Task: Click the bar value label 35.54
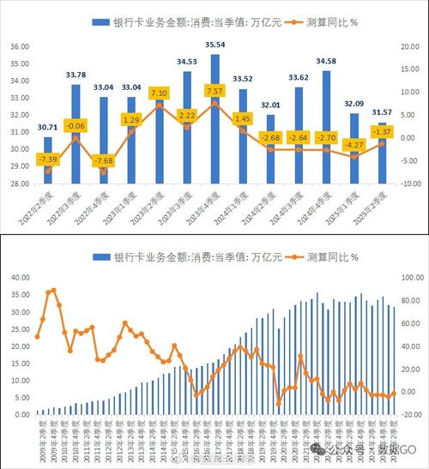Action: [x=215, y=45]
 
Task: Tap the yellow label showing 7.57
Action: [x=215, y=91]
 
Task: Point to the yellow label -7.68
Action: [x=103, y=161]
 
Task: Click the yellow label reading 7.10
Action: [x=159, y=93]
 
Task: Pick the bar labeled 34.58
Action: [x=326, y=129]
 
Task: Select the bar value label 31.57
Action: [x=382, y=111]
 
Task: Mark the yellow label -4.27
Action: [x=354, y=145]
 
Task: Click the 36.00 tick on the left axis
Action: [x=18, y=45]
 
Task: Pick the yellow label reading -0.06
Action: [x=76, y=125]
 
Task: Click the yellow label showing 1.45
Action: [x=243, y=119]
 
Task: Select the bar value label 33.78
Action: [x=76, y=75]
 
